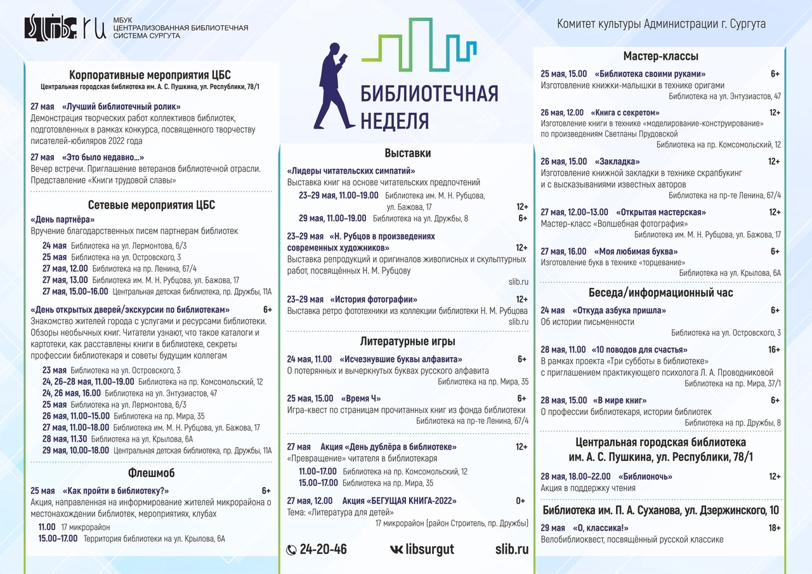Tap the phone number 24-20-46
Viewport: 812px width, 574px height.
tap(322, 549)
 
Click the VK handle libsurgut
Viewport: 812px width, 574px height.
tap(429, 549)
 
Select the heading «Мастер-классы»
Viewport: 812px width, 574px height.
tap(660, 56)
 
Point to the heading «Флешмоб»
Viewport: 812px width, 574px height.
tap(151, 473)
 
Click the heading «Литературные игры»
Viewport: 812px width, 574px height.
tap(407, 341)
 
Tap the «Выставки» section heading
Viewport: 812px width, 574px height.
tap(407, 153)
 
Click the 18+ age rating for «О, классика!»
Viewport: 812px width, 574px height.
tap(774, 528)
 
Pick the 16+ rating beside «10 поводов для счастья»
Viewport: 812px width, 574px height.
tap(774, 349)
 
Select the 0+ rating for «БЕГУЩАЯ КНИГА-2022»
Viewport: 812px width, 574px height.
tap(520, 500)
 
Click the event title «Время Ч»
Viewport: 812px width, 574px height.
tap(360, 398)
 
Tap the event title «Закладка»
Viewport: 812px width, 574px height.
tap(617, 162)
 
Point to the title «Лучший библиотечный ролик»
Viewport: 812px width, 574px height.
tap(121, 107)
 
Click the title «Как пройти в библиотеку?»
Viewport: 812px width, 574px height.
tap(115, 490)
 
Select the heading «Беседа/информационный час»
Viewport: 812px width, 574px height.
tap(660, 292)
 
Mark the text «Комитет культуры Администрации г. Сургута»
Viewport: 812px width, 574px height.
tap(661, 24)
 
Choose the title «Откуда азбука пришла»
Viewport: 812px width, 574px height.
tap(619, 310)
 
